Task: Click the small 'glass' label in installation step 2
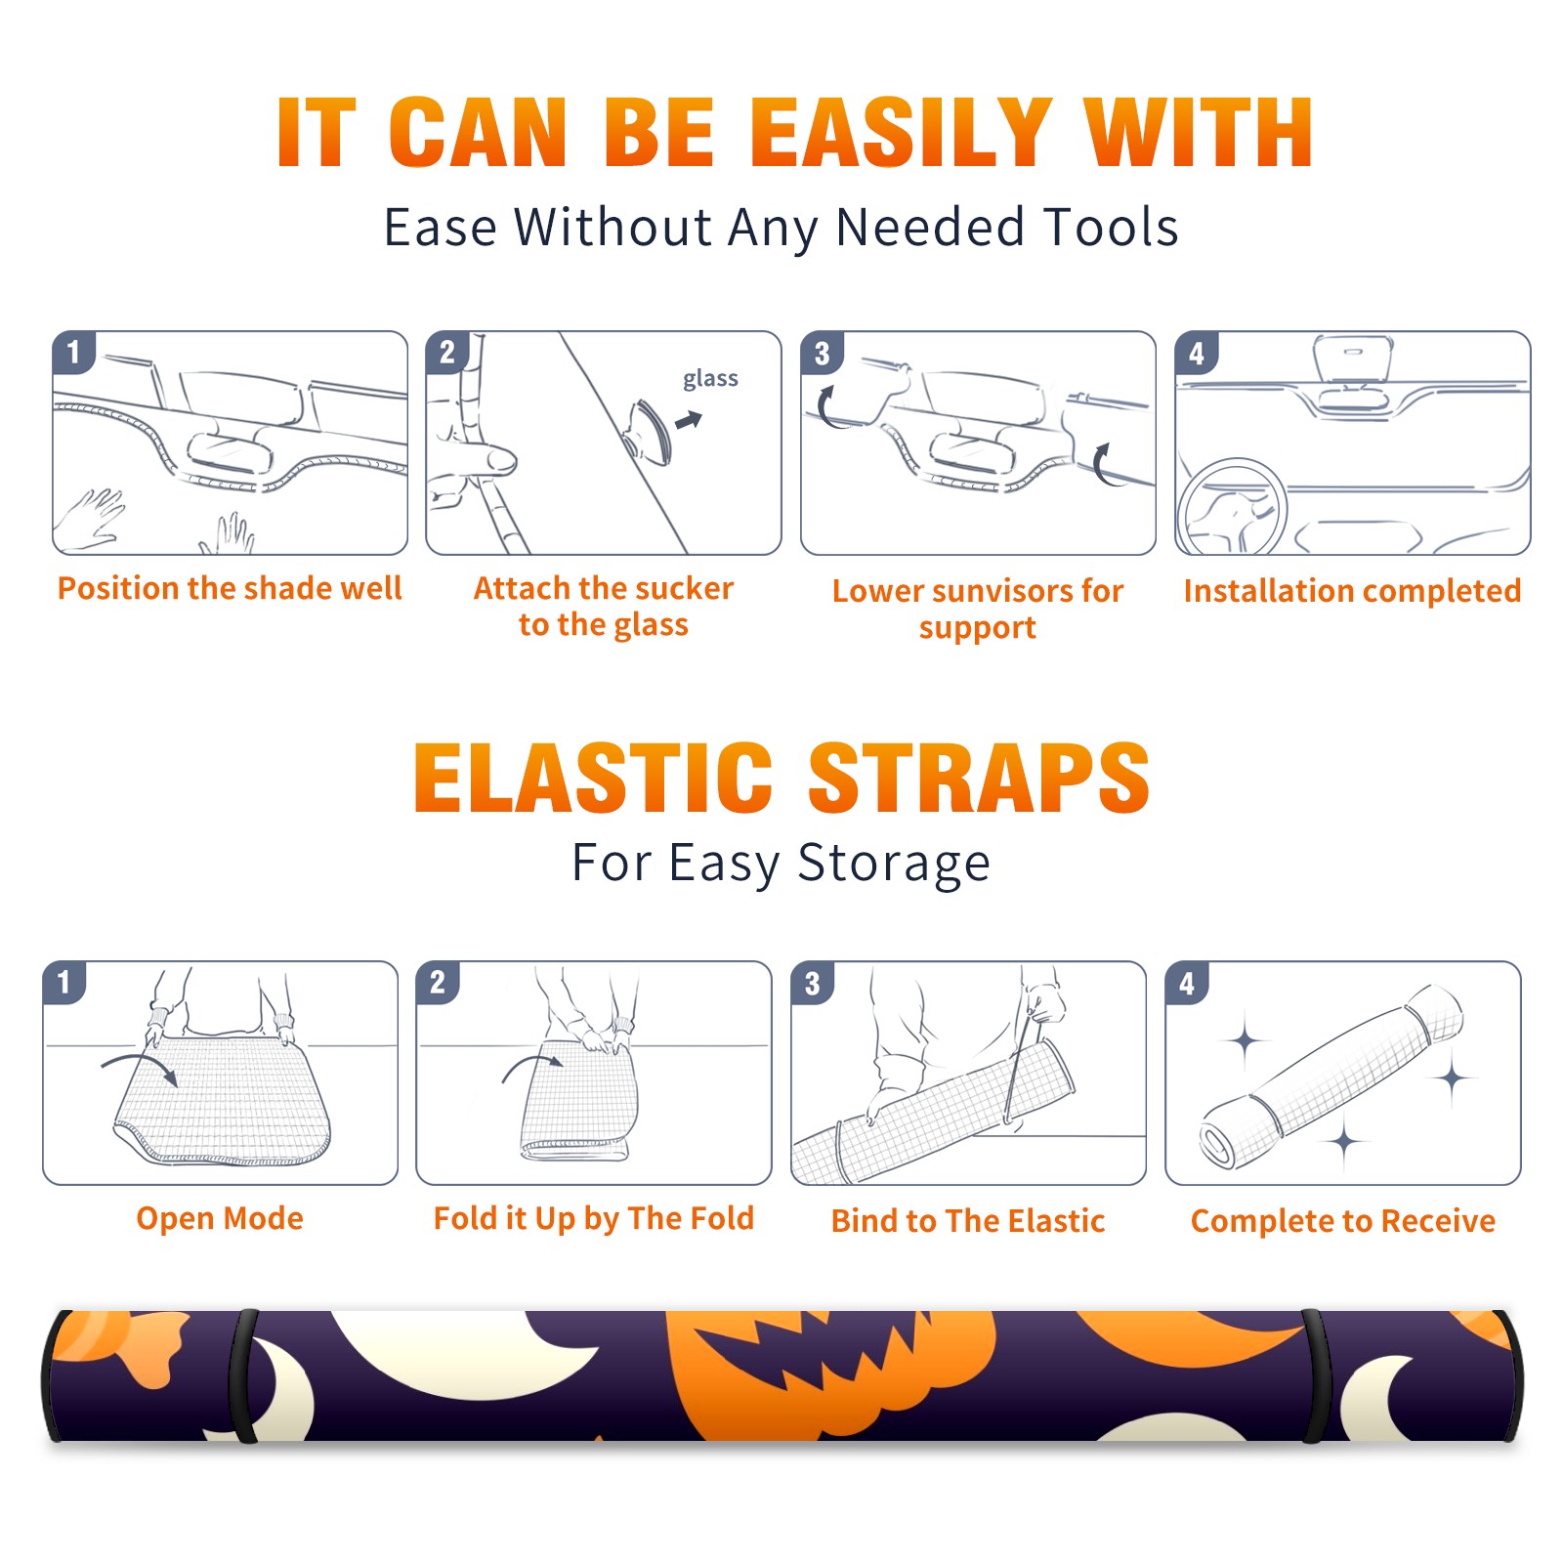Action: coord(710,379)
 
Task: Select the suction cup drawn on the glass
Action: coord(649,431)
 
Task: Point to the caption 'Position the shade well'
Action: coord(230,588)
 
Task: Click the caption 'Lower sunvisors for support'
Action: coord(978,608)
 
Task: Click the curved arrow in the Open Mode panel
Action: coord(139,1067)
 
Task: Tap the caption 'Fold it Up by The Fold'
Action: coord(594,1218)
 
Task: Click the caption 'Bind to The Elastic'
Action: coord(968,1221)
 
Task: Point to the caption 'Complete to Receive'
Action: coord(1343,1221)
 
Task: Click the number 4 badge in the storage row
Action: coord(1187,984)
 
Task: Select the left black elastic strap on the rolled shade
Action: coord(243,1376)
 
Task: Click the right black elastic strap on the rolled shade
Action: coord(1316,1376)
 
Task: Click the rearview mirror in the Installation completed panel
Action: coord(1353,359)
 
